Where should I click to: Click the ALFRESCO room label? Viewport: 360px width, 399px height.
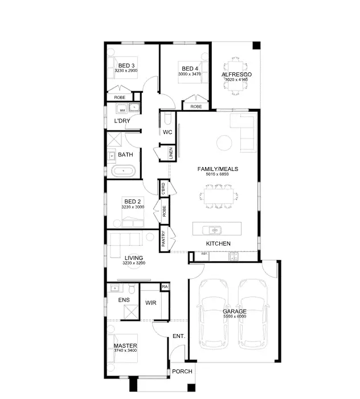click(236, 75)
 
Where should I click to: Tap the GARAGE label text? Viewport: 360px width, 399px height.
click(234, 312)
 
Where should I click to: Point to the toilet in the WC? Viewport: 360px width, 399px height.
click(167, 119)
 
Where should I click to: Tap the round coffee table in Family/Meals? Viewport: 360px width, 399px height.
click(224, 142)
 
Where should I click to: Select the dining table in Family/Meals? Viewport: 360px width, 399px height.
click(218, 196)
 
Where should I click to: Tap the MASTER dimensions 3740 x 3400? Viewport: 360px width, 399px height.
click(125, 351)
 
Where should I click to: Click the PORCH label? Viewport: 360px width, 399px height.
click(182, 372)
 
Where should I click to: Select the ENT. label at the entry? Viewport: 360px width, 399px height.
click(178, 336)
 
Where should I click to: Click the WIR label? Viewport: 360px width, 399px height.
click(151, 303)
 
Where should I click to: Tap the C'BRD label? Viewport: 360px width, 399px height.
click(163, 188)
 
